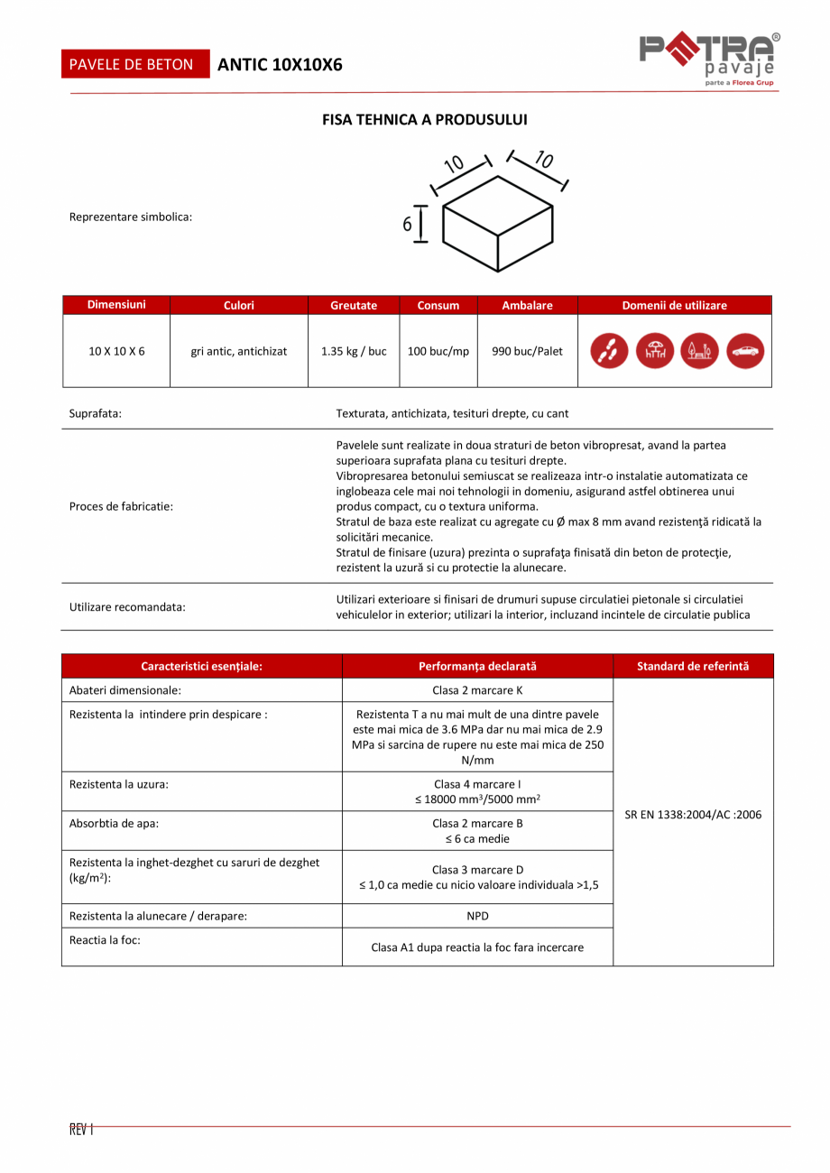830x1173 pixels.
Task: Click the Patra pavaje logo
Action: click(x=709, y=60)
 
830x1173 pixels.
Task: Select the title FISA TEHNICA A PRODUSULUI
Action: click(x=425, y=119)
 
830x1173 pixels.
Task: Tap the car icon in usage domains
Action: click(x=744, y=351)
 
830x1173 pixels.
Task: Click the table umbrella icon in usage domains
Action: click(x=655, y=351)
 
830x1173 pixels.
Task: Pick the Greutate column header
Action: click(x=354, y=306)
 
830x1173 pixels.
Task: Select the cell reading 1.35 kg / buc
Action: click(x=354, y=351)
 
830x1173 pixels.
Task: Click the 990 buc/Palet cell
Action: click(x=527, y=351)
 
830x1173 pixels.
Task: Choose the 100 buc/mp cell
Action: click(x=438, y=351)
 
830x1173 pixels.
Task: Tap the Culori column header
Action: click(x=239, y=306)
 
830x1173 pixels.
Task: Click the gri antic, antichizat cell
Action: click(x=239, y=351)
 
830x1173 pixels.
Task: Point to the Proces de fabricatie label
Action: click(x=121, y=506)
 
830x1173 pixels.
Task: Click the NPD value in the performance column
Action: click(x=477, y=916)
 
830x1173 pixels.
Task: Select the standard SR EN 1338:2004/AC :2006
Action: click(x=693, y=814)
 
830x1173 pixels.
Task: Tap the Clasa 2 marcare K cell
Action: click(x=477, y=690)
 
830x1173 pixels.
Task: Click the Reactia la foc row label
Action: click(x=105, y=939)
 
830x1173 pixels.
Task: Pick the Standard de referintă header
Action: click(x=693, y=667)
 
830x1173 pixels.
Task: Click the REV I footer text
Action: click(x=81, y=1129)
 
